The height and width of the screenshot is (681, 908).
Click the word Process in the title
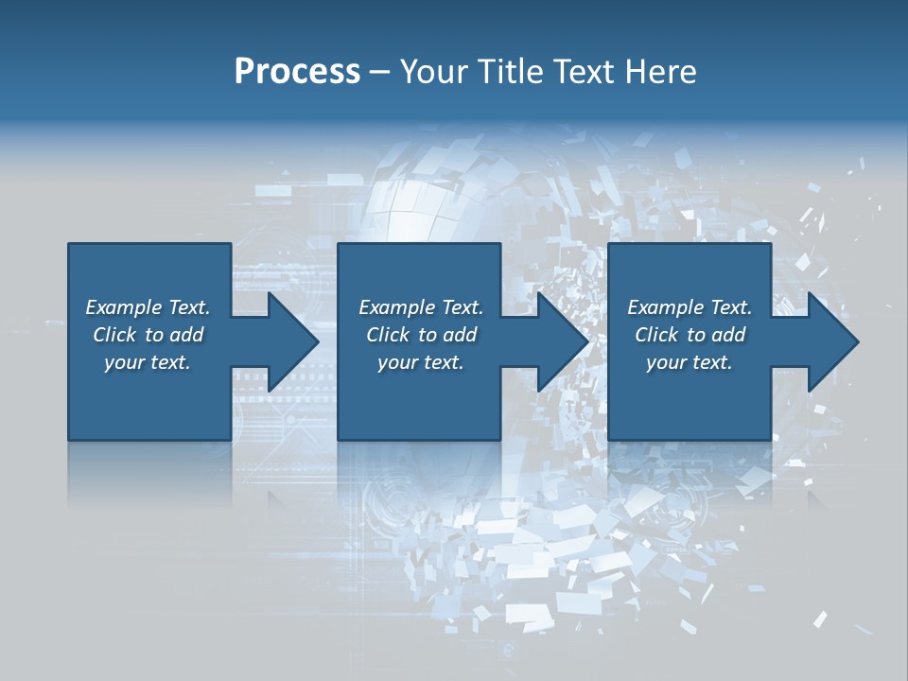(297, 72)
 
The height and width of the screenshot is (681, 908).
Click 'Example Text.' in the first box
(148, 307)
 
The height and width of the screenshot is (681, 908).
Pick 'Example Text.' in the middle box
(421, 307)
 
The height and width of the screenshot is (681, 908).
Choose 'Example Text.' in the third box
(690, 307)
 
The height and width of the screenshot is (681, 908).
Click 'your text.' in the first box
(148, 362)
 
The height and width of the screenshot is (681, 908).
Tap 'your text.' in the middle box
(421, 362)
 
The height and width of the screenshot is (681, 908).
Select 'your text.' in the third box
(690, 362)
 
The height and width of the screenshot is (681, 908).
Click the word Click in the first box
(114, 335)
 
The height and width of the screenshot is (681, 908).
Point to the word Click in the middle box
(388, 335)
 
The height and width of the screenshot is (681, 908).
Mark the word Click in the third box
(656, 335)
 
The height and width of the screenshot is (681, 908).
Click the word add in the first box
(187, 335)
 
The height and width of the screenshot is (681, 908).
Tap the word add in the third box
(729, 335)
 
